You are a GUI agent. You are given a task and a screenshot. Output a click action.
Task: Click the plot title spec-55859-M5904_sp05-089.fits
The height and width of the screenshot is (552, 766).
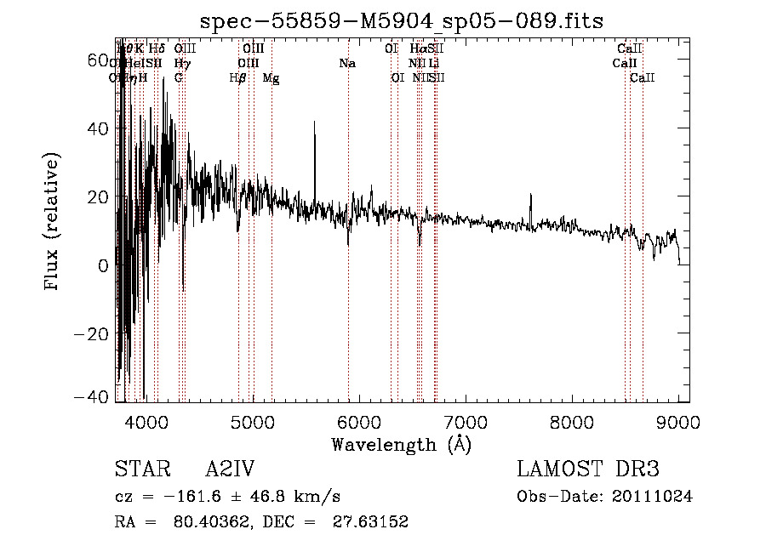(x=401, y=20)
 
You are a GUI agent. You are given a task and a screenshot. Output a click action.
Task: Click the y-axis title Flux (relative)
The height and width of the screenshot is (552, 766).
(x=53, y=221)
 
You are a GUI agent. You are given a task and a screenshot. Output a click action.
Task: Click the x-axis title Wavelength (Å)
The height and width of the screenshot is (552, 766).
(x=401, y=444)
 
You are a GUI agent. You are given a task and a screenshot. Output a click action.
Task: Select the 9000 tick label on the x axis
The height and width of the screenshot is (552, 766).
(x=678, y=420)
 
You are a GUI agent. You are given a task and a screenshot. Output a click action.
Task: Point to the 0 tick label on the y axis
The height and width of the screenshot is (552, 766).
(x=102, y=265)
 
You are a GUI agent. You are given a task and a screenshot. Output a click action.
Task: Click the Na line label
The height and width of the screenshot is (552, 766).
(x=347, y=64)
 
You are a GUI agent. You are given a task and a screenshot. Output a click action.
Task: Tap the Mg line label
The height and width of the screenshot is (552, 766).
(x=271, y=78)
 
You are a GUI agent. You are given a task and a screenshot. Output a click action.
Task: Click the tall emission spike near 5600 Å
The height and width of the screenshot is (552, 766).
(x=315, y=122)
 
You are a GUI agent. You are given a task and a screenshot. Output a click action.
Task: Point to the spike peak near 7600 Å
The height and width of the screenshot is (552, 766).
(x=531, y=196)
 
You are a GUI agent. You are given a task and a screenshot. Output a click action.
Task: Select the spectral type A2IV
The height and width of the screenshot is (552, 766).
(x=230, y=469)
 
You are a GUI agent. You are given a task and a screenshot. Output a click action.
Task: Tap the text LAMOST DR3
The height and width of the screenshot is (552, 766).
(x=587, y=469)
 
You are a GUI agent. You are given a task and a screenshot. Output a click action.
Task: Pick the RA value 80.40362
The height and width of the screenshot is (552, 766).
(x=201, y=522)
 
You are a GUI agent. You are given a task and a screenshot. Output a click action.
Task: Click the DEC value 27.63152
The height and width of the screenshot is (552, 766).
(x=366, y=522)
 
